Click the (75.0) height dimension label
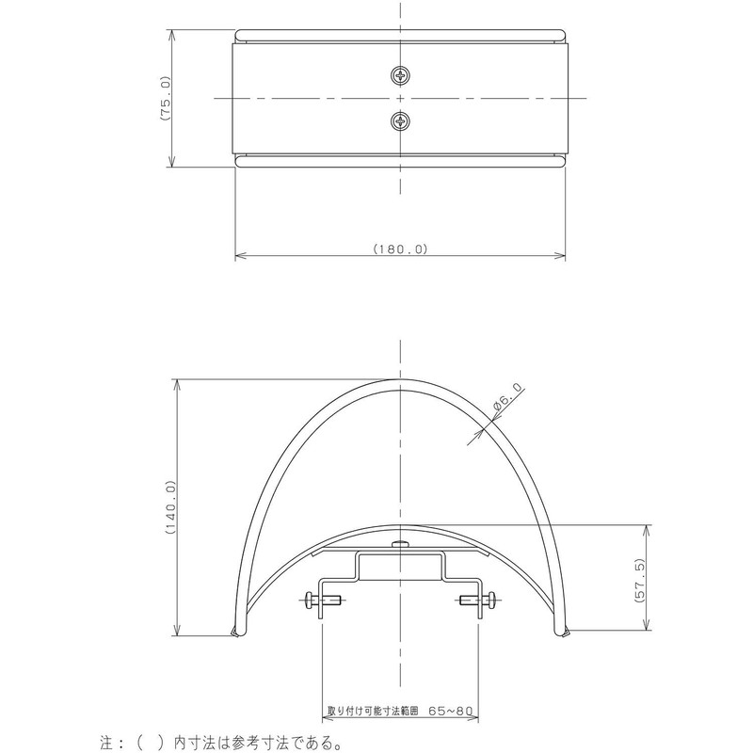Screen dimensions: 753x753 click(164, 98)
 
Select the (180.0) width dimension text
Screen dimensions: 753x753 click(400, 248)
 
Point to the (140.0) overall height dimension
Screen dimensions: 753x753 click(170, 507)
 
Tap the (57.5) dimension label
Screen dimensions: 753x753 click(639, 582)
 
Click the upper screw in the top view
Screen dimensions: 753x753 click(401, 75)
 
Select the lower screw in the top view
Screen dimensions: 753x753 click(401, 120)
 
